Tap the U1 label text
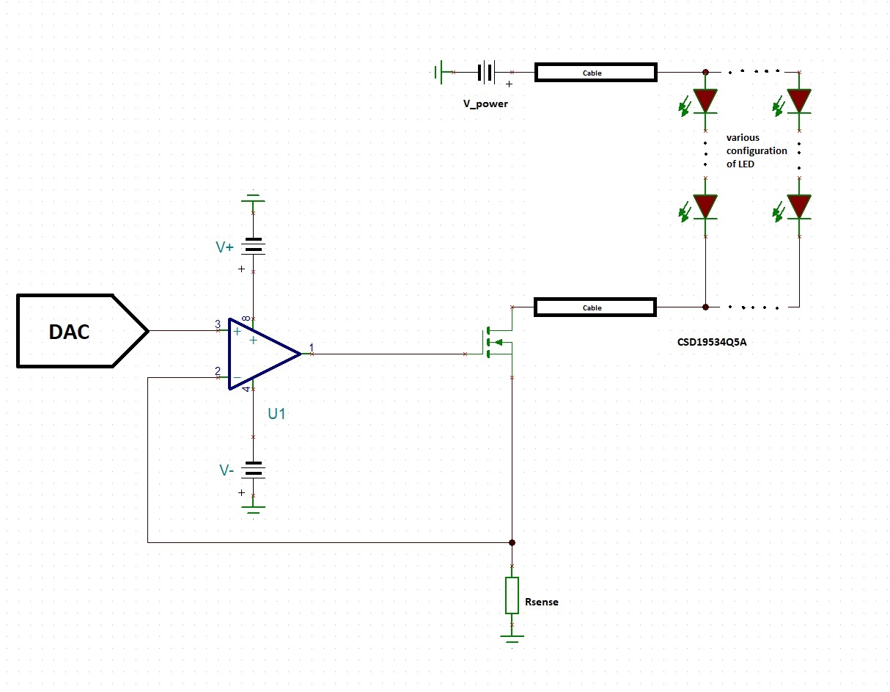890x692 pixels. click(x=276, y=414)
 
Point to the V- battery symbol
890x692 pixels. click(x=254, y=469)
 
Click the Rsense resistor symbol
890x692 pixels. click(x=512, y=595)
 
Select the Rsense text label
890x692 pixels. click(x=542, y=602)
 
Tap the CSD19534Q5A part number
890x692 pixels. click(x=712, y=341)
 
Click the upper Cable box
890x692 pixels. click(x=595, y=73)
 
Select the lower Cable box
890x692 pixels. click(x=595, y=307)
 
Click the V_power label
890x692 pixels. click(x=485, y=103)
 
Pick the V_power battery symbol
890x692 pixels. click(x=485, y=72)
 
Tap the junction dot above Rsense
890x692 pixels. click(x=512, y=542)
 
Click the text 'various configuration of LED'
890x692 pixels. click(x=756, y=150)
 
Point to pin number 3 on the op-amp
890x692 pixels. click(x=218, y=324)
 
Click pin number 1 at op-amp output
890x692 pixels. click(x=311, y=347)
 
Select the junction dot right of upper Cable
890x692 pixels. click(x=705, y=73)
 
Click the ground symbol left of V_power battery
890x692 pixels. click(x=438, y=72)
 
